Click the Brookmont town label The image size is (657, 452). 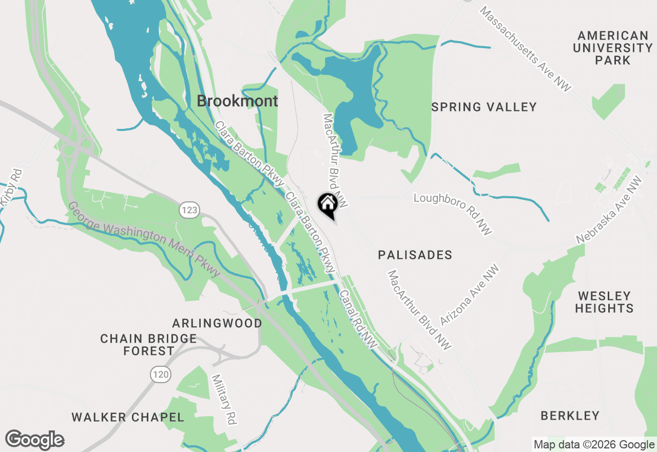[237, 101]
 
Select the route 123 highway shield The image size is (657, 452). [189, 210]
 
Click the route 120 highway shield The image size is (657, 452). [161, 374]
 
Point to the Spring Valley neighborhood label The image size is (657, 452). [484, 107]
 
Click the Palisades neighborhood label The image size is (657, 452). [415, 255]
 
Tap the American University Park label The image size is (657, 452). [612, 48]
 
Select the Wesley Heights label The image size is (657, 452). [604, 302]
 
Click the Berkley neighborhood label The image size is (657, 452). [570, 416]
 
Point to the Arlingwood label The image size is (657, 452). [217, 324]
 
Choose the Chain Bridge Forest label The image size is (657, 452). [148, 345]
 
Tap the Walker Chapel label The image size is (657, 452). [128, 417]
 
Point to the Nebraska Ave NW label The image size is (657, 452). [609, 210]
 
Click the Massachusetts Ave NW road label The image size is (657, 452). [526, 49]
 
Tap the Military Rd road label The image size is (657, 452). [224, 399]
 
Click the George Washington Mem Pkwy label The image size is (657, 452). [144, 239]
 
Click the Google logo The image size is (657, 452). [34, 440]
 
